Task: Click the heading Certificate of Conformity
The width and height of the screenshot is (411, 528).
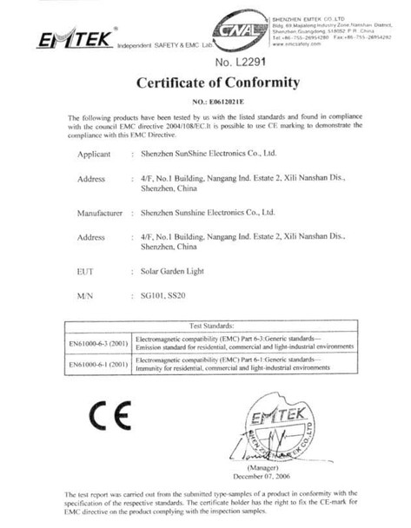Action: [x=218, y=84]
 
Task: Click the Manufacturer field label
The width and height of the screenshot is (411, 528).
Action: [x=96, y=212]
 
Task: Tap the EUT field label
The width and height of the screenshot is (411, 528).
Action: [x=84, y=271]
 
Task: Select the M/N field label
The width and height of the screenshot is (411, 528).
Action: [x=84, y=297]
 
